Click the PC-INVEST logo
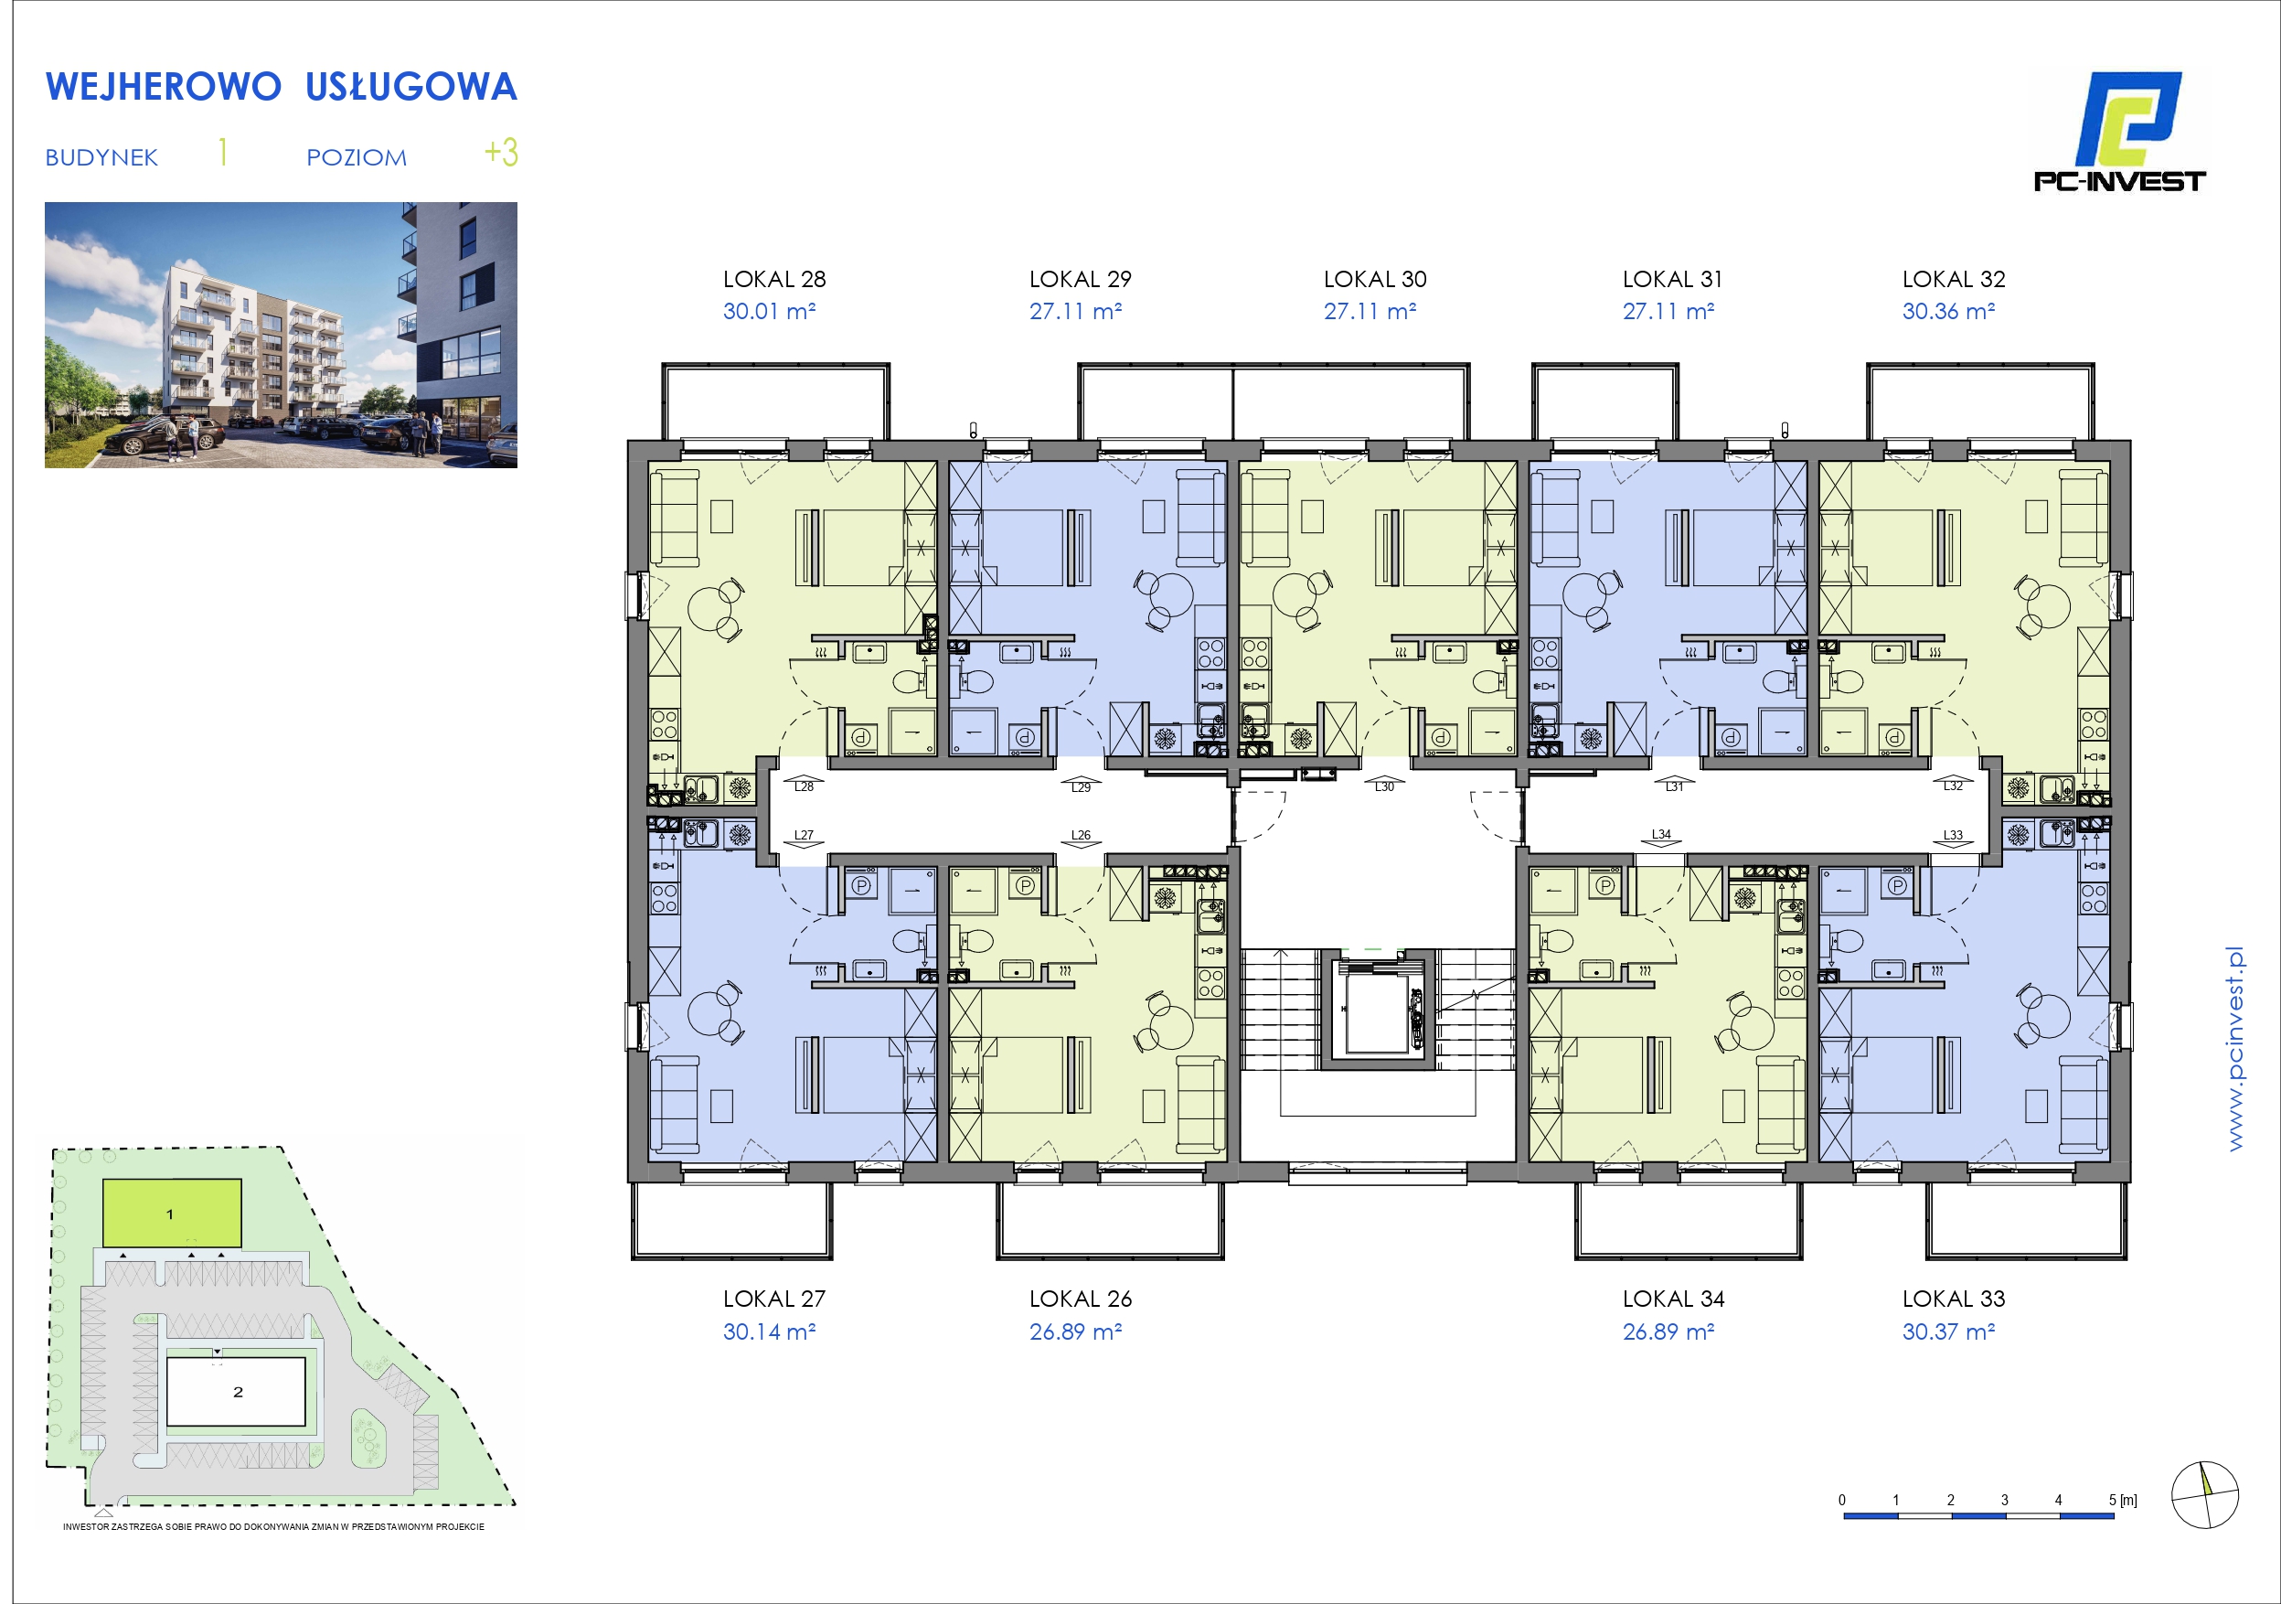2119,131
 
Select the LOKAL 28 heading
774,279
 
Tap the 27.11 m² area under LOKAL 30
1370,311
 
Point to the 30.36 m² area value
1948,311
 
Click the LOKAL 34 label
1673,1299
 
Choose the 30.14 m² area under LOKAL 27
769,1331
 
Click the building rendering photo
282,335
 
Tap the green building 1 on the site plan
172,1213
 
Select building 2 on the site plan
236,1391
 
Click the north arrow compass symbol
2204,1494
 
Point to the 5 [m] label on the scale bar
2122,1501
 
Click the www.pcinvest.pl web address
2234,1050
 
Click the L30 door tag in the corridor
1385,787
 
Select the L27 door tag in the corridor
804,836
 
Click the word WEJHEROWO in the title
163,88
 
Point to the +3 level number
501,152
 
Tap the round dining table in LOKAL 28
710,610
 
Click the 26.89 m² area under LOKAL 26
1075,1331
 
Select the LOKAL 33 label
1953,1299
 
